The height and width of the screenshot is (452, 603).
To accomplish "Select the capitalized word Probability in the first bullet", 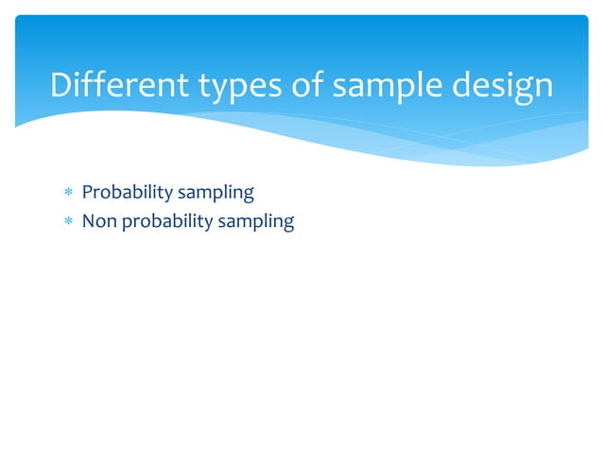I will pos(121,193).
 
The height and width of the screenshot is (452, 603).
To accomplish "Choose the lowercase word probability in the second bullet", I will pos(161,223).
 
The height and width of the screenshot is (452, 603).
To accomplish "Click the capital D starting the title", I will pos(61,86).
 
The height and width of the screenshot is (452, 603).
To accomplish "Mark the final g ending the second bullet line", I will pos(288,225).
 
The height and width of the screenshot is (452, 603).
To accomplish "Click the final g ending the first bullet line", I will pos(249,196).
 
